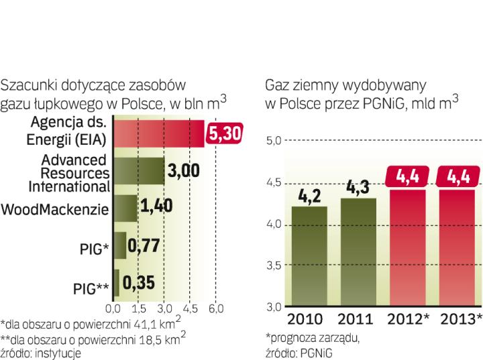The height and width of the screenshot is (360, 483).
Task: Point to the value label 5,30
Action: point(225,133)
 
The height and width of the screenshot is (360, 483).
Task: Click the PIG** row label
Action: point(91,289)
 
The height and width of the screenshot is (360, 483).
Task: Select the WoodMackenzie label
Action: point(55,208)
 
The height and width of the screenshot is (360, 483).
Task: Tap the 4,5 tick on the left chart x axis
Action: point(190,309)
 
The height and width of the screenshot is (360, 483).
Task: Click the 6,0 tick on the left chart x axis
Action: point(215,309)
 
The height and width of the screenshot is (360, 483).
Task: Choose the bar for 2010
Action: point(309,256)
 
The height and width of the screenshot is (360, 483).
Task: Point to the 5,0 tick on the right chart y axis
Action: point(275,141)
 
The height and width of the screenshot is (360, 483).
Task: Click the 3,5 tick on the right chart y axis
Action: point(275,265)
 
